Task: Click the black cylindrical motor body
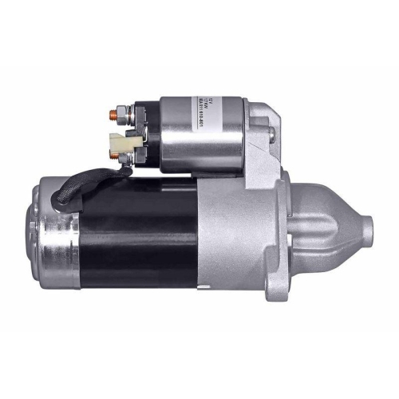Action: pyautogui.click(x=144, y=239)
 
